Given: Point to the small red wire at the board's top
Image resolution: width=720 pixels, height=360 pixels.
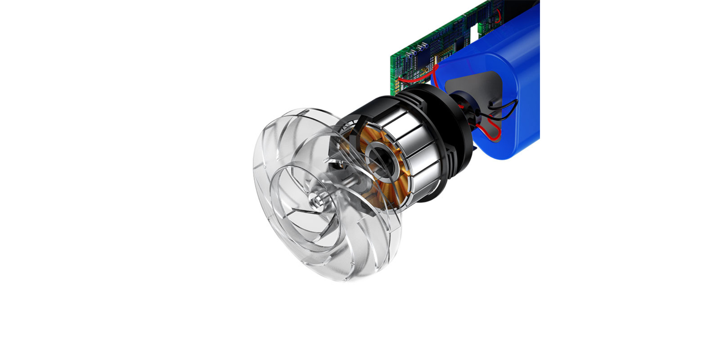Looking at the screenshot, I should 499,14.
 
